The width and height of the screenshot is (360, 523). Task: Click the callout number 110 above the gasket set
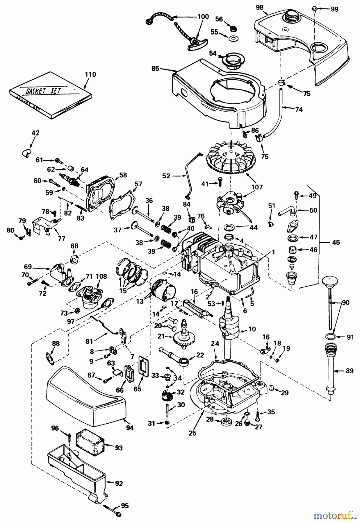[90, 74]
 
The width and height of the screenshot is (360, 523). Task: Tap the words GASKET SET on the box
[44, 91]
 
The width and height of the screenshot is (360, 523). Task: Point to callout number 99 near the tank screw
[334, 9]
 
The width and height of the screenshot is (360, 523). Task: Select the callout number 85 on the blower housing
[155, 68]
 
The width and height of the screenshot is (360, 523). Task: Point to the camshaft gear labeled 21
[184, 338]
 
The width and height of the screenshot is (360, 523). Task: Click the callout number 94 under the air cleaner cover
[130, 428]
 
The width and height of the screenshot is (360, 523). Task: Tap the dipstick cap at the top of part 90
[331, 281]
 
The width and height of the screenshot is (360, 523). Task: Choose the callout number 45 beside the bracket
[336, 242]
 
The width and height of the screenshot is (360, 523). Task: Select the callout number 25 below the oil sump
[192, 433]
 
